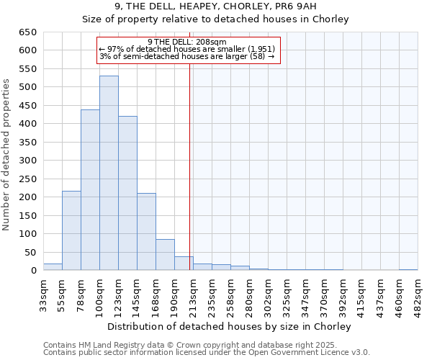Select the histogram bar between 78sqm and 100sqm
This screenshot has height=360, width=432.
pos(90,190)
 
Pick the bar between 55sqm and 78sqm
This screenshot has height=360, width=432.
pos(71,230)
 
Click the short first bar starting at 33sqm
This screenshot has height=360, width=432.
pos(53,267)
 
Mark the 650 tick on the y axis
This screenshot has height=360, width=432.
pos(27,32)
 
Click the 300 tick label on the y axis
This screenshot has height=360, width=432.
pos(27,161)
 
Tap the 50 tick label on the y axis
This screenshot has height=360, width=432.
pos(30,253)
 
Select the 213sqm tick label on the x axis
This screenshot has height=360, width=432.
pos(193,294)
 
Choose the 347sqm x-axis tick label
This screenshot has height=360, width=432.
pos(305,294)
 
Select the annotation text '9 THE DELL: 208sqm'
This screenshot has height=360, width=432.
pos(186,42)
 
